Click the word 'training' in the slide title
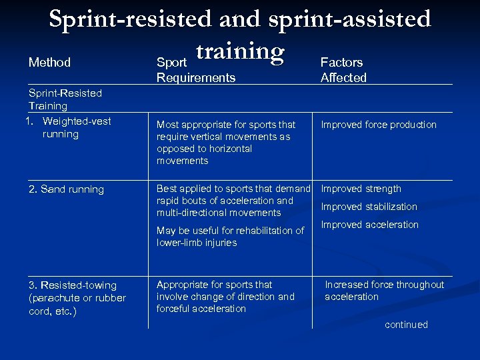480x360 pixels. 239,51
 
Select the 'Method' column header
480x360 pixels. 49,62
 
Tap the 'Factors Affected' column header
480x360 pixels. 343,69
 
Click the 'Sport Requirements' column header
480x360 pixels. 195,70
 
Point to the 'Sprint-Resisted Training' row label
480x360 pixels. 65,99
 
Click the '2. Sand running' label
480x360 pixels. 66,189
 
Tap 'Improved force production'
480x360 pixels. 379,125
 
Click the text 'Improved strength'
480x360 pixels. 361,189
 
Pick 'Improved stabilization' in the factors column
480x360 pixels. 369,207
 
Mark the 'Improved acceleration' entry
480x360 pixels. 369,225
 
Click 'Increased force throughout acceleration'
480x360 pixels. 384,291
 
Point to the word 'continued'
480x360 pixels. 406,325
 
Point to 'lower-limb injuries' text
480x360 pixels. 197,243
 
